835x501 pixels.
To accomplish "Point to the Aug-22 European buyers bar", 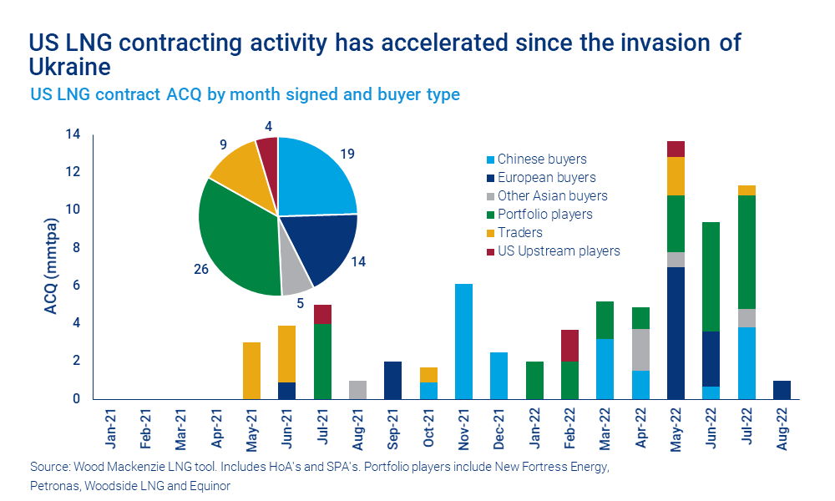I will click(x=782, y=389).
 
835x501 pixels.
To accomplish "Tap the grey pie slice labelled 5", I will click(x=296, y=281).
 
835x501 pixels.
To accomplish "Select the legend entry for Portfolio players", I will click(x=544, y=214).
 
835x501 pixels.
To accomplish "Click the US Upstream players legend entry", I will click(x=558, y=250).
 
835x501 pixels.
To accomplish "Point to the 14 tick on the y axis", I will click(x=72, y=134).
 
